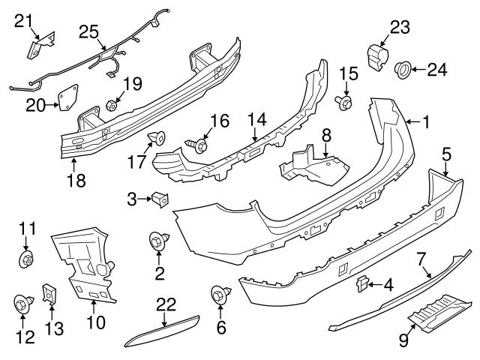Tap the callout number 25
pyautogui.click(x=88, y=33)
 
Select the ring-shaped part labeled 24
pyautogui.click(x=403, y=70)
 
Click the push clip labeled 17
pyautogui.click(x=157, y=137)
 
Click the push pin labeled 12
pyautogui.click(x=22, y=304)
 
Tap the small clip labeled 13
pyautogui.click(x=49, y=295)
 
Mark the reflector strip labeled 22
pyautogui.click(x=164, y=326)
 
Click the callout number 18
pyautogui.click(x=76, y=180)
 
